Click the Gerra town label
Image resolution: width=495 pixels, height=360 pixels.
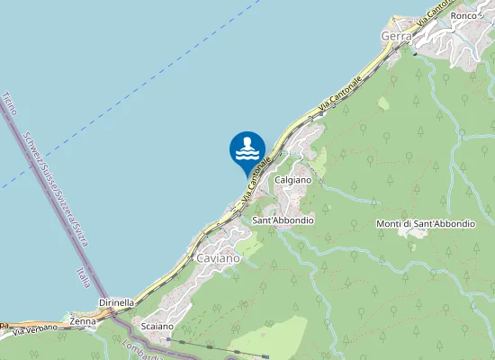point(397,36)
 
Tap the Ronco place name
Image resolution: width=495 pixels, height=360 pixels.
point(463,15)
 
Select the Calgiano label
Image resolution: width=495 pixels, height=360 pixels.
point(292,181)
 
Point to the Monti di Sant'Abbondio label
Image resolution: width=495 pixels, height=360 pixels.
point(425,223)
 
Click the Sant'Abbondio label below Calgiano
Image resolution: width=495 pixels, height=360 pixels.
point(283,220)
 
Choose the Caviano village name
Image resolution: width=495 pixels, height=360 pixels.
point(218,258)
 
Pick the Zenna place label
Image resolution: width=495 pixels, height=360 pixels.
point(83,320)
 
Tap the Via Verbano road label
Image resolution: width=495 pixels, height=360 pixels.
point(34,329)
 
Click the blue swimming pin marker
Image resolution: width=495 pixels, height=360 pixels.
point(247,149)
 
